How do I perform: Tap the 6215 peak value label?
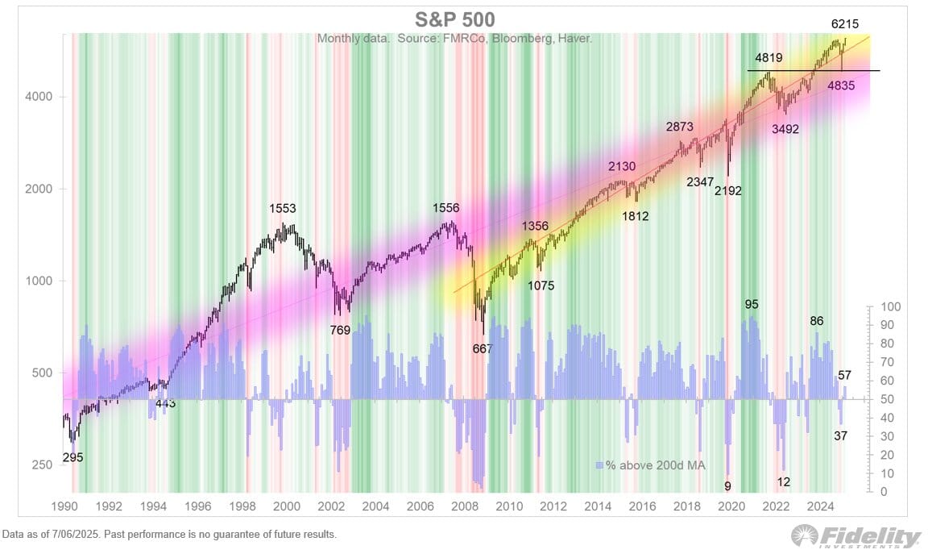(851, 24)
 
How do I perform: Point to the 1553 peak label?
(284, 209)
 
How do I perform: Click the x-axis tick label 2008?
(463, 506)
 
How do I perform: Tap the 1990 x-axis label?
(64, 506)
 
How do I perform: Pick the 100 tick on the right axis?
(888, 307)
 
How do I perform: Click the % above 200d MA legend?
(644, 465)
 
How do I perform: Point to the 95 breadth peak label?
(752, 305)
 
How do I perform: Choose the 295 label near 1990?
(72, 457)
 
